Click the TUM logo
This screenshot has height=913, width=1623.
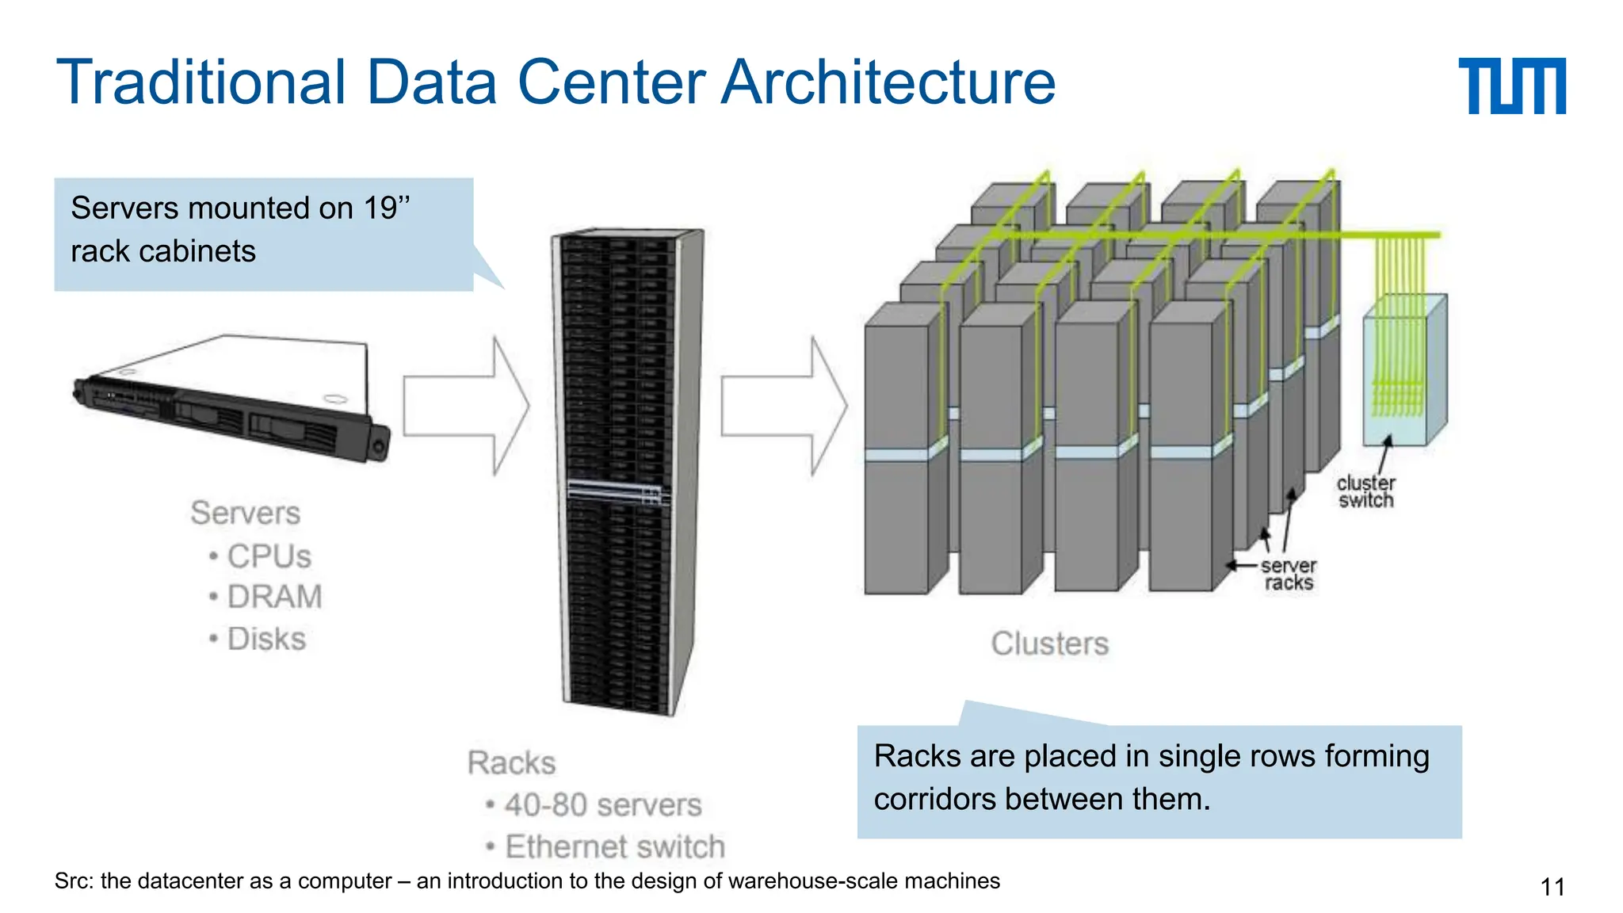point(1511,86)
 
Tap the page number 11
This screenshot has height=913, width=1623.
point(1552,886)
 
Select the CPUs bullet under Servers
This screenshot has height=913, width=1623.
point(269,556)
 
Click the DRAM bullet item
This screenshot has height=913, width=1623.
point(274,597)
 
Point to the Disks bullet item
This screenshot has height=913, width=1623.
point(266,639)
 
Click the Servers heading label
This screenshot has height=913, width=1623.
point(246,513)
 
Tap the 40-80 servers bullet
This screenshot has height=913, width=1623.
point(602,805)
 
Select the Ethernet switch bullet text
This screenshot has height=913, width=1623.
point(614,846)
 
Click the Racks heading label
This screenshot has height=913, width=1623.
point(512,762)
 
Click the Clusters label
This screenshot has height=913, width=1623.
point(1049,644)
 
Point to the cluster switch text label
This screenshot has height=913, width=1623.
point(1365,491)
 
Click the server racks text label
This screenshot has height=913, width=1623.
point(1288,575)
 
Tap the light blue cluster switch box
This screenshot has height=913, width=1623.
point(1403,372)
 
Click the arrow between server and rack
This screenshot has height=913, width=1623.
point(466,406)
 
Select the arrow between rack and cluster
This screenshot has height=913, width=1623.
point(784,406)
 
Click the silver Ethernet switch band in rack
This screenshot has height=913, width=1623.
point(615,491)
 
